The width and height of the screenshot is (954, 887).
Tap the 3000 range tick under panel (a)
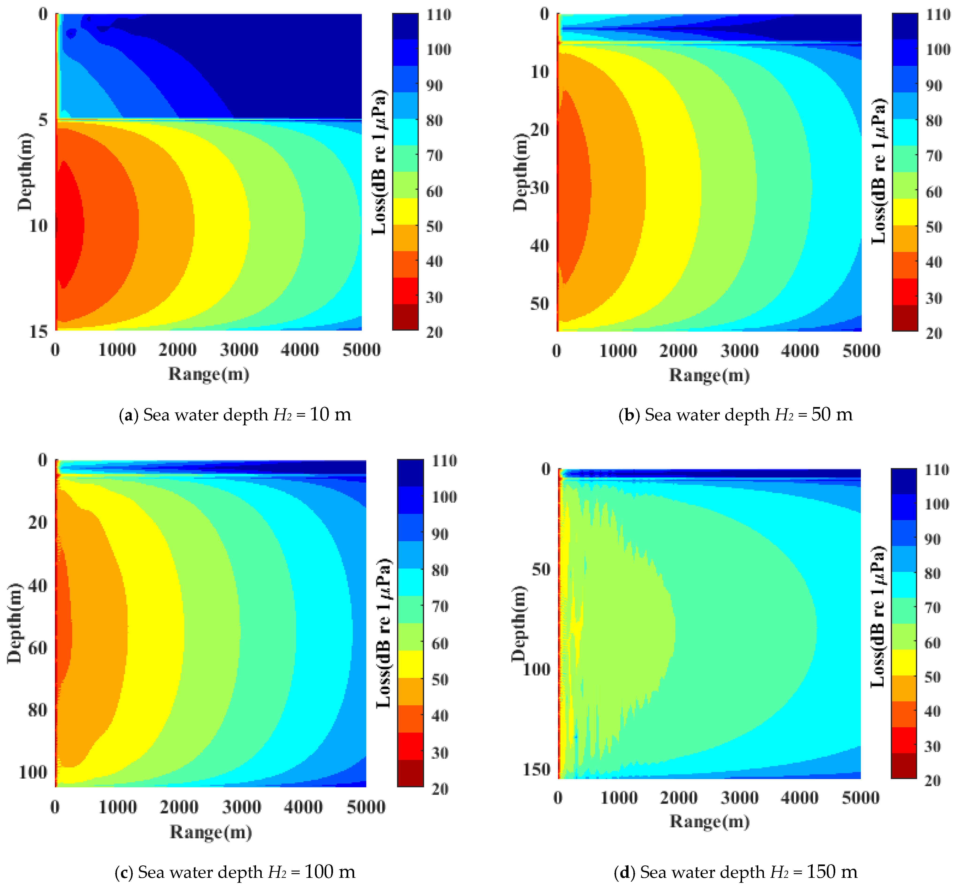239,350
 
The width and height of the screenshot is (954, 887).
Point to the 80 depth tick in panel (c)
37,709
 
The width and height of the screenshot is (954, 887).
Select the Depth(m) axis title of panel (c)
14,624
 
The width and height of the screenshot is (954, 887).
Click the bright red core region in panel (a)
67,225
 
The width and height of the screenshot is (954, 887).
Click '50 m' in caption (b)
832,415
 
